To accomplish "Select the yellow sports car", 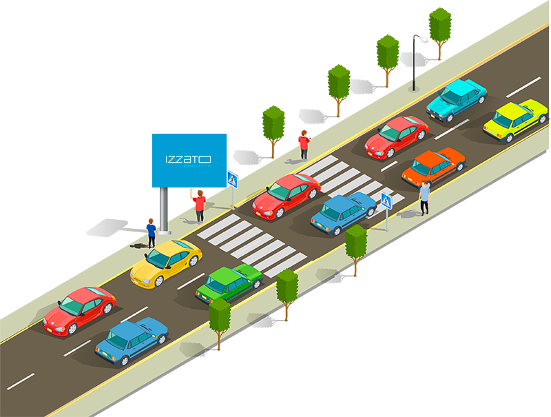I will pos(166,261).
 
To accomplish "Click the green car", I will pos(229,281).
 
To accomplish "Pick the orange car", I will pos(433,166).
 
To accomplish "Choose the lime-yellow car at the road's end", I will pos(514,119).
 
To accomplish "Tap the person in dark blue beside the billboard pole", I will pos(151,231).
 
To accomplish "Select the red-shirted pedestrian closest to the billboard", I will pos(200,205).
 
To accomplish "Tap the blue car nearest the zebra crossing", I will pos(343,212).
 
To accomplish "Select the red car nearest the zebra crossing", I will pos(286,194).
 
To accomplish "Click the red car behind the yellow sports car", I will pos(80,309).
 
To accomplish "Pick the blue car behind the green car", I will pos(131,340).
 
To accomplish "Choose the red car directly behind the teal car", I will pos(397,136).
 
